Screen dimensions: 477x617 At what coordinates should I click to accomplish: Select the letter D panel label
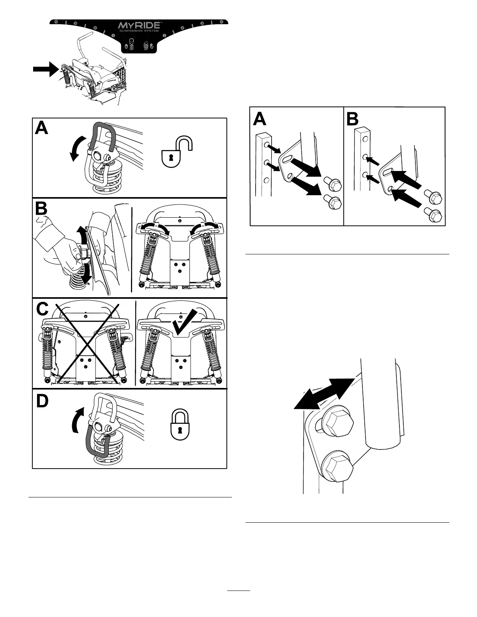pyautogui.click(x=42, y=401)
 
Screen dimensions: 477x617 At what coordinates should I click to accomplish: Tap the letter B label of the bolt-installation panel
pyautogui.click(x=352, y=118)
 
